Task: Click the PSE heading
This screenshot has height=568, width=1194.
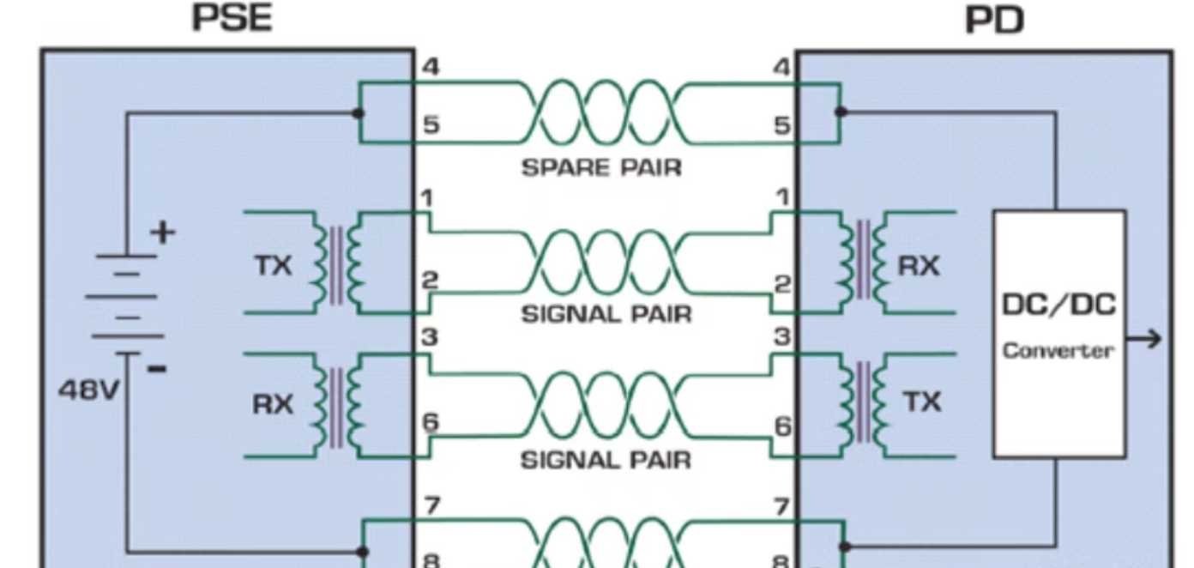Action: coord(232,18)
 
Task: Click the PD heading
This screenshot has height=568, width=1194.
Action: coord(995,20)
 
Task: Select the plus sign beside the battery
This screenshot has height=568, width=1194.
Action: coord(163,232)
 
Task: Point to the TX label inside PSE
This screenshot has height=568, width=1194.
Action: coord(274,267)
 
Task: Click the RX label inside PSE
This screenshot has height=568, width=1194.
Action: coord(273,404)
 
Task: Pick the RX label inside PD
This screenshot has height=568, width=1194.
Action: coord(919,267)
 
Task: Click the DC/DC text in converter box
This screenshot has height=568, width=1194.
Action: coord(1058,305)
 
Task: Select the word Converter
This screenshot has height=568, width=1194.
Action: coord(1058,351)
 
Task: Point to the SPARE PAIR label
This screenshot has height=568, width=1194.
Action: coord(601,168)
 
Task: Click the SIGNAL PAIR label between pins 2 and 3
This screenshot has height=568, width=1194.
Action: coord(606,314)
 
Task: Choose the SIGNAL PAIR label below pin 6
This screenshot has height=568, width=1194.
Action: coord(606,461)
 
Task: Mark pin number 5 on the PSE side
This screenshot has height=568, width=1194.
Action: coord(431,125)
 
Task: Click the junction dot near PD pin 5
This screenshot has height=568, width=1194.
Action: coord(841,112)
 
